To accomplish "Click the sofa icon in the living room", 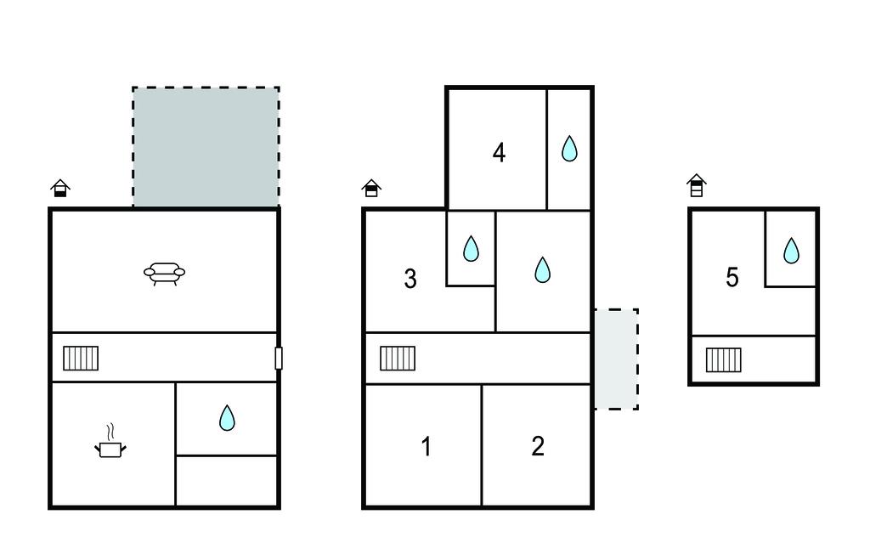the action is point(164,274).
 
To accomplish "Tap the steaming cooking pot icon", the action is point(110,443).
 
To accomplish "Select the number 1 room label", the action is point(427,446).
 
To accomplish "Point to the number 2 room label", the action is point(538,446).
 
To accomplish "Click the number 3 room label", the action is point(410,279).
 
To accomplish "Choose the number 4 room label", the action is point(499,153).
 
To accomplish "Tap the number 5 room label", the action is point(732,277).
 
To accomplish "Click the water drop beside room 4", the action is point(569,149).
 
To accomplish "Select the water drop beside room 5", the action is point(791,251).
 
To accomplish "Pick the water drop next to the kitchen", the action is point(227,418).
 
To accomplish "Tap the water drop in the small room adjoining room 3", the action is point(471,249).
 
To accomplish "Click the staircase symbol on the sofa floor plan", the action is point(81,359).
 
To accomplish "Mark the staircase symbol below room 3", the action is point(398,359).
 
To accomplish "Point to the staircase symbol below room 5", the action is point(724,359).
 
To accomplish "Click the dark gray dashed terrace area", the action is point(206,147).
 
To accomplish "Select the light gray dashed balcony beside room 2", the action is point(617,359).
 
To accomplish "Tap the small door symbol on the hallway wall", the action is point(279,358).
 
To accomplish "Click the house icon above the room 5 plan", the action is point(697,185).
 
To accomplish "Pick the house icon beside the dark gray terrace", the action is point(60,188).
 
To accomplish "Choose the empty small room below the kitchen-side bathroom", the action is point(226,480).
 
